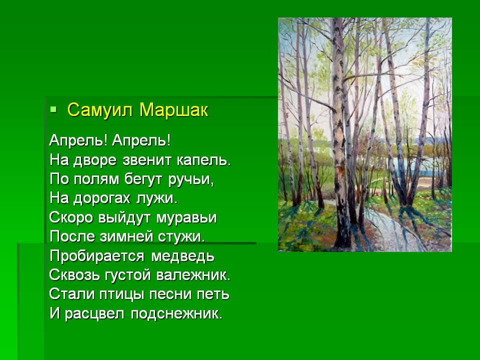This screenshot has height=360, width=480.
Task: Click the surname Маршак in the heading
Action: click(x=173, y=110)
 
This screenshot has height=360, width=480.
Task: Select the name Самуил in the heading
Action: click(x=100, y=110)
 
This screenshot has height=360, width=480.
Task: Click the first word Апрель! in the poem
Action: click(x=78, y=141)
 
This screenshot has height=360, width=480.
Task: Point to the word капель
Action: click(x=203, y=160)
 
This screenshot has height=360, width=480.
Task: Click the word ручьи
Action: click(x=190, y=179)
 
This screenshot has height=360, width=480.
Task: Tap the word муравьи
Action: click(x=186, y=218)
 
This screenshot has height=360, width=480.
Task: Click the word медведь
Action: click(x=183, y=256)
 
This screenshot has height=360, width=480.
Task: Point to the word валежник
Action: click(x=193, y=275)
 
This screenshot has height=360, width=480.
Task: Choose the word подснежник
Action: click(x=176, y=314)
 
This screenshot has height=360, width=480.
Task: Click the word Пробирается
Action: click(x=96, y=256)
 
